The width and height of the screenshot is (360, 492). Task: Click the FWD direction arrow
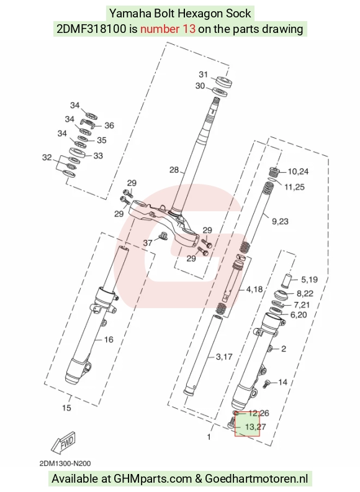point(64,442)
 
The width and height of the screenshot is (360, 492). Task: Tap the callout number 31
point(204,75)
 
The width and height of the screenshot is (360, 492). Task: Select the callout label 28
point(174,170)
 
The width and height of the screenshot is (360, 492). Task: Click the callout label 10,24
point(298,171)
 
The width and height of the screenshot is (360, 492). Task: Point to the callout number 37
point(148,242)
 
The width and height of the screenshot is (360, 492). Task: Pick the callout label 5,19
point(309,280)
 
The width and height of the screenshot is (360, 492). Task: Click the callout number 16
point(109,340)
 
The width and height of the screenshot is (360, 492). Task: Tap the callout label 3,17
point(224,357)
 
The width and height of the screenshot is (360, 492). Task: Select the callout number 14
point(282,382)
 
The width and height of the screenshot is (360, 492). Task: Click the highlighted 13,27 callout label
point(255,427)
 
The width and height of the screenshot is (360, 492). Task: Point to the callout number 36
point(109,125)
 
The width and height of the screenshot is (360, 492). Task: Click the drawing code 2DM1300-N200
point(65,463)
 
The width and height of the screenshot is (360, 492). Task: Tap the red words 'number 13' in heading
point(168,29)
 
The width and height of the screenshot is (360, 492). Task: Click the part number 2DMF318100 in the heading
point(92,29)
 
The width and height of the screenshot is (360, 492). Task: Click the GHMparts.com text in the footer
point(153,479)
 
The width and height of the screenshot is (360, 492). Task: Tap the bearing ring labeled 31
point(224,81)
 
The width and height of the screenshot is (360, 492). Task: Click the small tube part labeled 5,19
point(287,281)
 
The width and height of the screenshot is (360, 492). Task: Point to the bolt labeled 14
point(267,383)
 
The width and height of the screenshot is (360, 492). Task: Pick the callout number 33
point(98,156)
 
